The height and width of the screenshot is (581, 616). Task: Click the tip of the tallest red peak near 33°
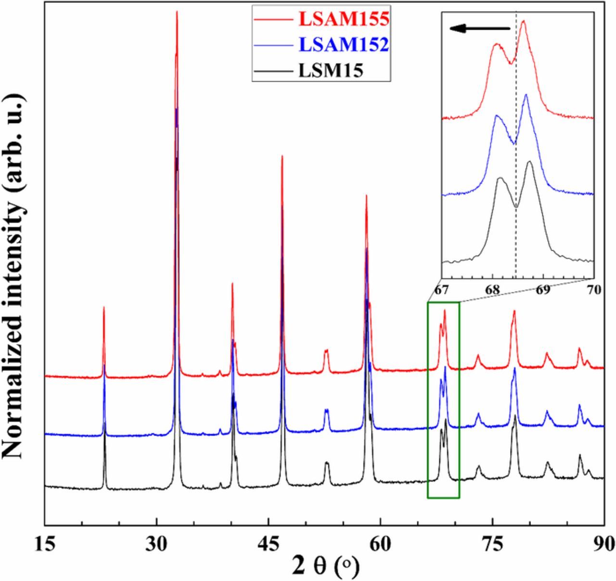pos(177,12)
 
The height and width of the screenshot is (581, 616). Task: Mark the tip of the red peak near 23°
pos(104,307)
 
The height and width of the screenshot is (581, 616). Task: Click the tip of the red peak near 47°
pos(282,156)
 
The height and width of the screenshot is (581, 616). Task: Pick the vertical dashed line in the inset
pos(516,144)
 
